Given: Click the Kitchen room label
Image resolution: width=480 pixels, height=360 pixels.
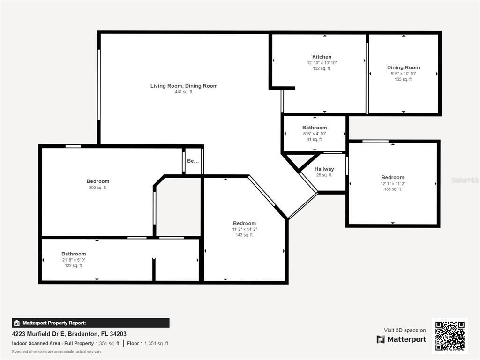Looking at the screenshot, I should tap(322, 57).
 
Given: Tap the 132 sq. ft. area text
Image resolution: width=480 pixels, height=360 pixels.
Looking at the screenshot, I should tap(322, 68).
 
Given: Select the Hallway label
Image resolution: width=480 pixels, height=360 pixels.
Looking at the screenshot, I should tap(324, 169).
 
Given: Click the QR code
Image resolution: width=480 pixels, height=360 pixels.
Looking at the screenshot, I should tap(450, 336).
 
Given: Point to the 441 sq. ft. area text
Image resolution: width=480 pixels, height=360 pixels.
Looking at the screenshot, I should tap(184, 92).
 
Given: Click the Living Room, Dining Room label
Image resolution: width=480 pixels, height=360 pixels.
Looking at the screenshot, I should tap(184, 86).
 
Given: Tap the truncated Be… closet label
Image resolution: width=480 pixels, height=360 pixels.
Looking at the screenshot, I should tap(193, 161).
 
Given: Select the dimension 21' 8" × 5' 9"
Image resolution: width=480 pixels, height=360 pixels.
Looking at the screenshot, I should tap(74, 260).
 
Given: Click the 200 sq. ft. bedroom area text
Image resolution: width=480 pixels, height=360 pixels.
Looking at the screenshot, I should tap(97, 187).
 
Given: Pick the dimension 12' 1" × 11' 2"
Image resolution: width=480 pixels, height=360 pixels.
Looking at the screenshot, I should tap(393, 183).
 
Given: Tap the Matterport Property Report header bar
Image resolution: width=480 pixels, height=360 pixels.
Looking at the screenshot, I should tap(90, 323).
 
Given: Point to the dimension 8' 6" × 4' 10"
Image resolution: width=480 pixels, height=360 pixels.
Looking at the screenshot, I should tap(315, 134).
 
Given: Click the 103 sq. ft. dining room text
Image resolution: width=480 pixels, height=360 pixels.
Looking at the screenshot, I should tap(403, 79).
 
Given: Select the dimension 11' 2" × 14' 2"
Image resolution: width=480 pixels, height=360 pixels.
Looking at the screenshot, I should tap(245, 229).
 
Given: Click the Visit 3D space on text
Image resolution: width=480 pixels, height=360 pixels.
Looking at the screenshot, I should tap(405, 330).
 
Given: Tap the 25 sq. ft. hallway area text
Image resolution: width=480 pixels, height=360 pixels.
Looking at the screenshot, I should tap(324, 175).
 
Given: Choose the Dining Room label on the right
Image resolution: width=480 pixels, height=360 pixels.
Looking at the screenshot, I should tap(403, 67).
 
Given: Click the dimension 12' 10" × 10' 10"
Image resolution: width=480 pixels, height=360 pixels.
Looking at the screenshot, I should tap(322, 63).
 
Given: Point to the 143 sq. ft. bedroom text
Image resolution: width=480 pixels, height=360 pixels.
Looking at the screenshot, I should tap(245, 235).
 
